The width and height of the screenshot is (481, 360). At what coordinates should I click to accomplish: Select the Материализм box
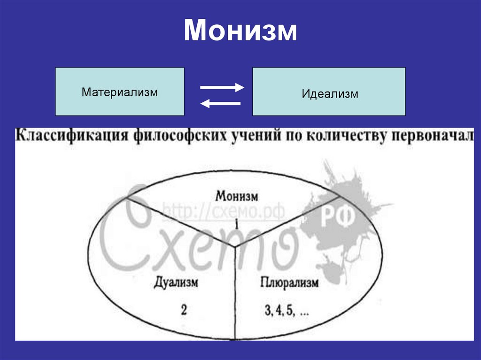119,91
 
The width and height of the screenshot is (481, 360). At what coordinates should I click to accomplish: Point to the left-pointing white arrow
220,104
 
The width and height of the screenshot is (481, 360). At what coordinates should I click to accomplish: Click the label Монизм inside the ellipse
238,195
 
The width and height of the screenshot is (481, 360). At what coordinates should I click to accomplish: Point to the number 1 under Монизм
237,224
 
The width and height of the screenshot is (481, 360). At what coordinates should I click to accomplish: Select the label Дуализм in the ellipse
176,283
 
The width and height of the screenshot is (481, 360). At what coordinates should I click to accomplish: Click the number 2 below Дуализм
184,310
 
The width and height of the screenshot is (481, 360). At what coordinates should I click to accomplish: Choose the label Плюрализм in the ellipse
288,283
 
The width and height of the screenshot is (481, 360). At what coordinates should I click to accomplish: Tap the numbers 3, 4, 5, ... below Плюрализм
286,311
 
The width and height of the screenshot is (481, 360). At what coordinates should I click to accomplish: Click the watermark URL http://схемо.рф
224,212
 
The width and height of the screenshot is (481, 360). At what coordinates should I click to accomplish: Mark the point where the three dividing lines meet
235,246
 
